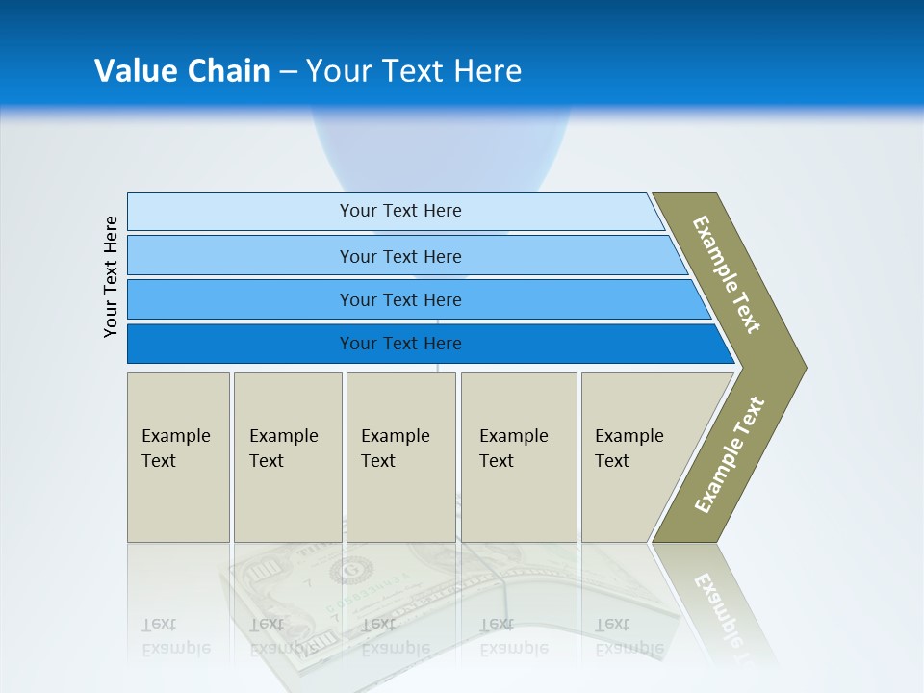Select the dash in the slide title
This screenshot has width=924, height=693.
(x=288, y=72)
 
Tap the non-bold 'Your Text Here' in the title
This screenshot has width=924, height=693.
(x=414, y=71)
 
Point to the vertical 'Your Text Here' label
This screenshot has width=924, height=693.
(x=111, y=277)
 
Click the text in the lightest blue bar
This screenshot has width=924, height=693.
(x=400, y=211)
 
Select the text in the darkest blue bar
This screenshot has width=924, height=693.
(x=400, y=344)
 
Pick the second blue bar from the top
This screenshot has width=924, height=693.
(x=400, y=256)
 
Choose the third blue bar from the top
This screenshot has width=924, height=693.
(x=400, y=299)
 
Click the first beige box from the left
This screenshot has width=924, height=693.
(x=178, y=457)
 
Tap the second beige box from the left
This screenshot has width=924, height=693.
(x=287, y=457)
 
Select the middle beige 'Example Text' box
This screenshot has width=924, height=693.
(x=400, y=457)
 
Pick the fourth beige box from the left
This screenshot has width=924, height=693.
(x=519, y=457)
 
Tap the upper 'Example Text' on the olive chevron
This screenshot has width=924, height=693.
(x=727, y=274)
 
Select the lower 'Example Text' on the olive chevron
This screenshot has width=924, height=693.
(x=730, y=455)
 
